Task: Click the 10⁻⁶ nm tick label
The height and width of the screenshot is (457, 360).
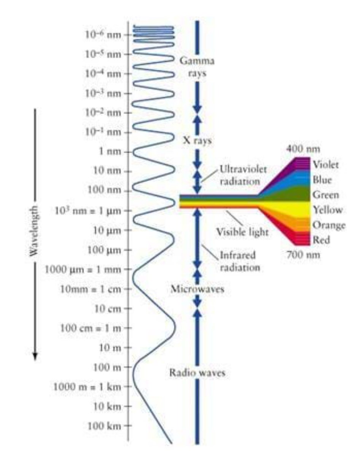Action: [103, 34]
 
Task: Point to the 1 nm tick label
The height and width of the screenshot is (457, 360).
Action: [110, 152]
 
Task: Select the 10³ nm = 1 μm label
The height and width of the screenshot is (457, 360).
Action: [88, 211]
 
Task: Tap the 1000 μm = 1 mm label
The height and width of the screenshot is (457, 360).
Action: [83, 270]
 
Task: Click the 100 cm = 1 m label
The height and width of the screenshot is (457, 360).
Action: [91, 328]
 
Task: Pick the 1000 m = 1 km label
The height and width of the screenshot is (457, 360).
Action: [87, 387]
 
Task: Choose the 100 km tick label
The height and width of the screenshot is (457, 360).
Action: [104, 426]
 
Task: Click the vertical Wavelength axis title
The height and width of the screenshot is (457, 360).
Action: [34, 231]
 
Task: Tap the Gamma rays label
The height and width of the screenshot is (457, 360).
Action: [197, 67]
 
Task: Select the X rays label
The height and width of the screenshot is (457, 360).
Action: [198, 141]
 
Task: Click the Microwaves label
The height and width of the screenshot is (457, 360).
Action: [198, 289]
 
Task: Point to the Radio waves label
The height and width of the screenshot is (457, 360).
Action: [197, 372]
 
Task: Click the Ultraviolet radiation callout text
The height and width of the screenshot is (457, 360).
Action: [243, 176]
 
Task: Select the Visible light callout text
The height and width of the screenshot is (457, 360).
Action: [242, 232]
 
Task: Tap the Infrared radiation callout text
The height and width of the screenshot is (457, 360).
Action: [240, 261]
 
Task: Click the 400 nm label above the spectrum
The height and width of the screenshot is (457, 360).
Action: [303, 149]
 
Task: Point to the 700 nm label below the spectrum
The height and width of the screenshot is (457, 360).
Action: [303, 254]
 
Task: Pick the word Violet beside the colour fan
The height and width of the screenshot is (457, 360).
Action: [326, 165]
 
